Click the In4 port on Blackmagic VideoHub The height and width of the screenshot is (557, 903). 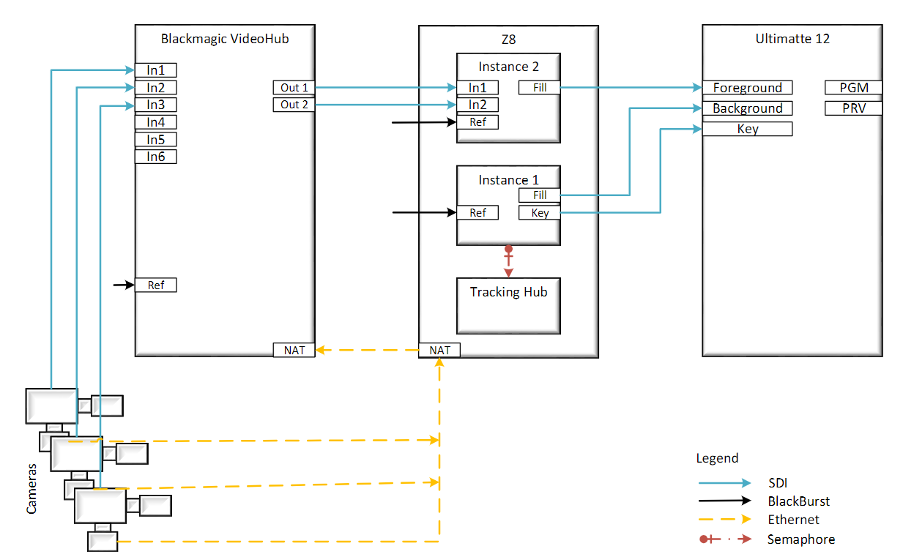(155, 122)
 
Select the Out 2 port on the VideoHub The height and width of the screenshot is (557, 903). (294, 105)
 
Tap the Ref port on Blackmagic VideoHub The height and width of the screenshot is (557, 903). (155, 285)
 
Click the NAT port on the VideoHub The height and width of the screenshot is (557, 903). (294, 350)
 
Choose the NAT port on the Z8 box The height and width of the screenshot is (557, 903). (439, 350)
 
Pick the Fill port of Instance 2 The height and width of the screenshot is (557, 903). (539, 88)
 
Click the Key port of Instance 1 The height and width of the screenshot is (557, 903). (539, 213)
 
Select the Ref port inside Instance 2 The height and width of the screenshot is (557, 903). (477, 122)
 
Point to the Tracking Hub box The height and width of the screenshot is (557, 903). (508, 305)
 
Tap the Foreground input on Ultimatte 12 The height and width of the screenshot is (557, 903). (747, 88)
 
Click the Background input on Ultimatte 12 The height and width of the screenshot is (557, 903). (747, 108)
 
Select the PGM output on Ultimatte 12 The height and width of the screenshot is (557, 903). (853, 88)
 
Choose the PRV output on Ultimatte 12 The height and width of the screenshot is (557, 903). (853, 108)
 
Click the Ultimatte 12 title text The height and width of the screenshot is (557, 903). (792, 39)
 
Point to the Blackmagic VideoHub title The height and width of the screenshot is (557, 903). (225, 39)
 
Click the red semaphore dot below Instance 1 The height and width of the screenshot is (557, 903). (508, 250)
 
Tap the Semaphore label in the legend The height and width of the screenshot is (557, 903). (800, 539)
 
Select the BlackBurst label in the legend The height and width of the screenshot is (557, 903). (798, 501)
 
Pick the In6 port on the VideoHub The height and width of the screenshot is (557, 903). (155, 156)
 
